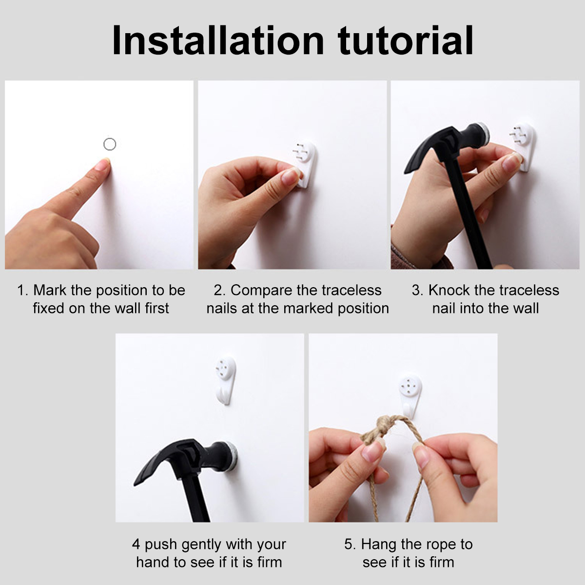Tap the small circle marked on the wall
pyautogui.click(x=110, y=144)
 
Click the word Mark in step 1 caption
pyautogui.click(x=50, y=290)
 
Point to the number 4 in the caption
pyautogui.click(x=136, y=545)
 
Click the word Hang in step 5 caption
pyautogui.click(x=378, y=545)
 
